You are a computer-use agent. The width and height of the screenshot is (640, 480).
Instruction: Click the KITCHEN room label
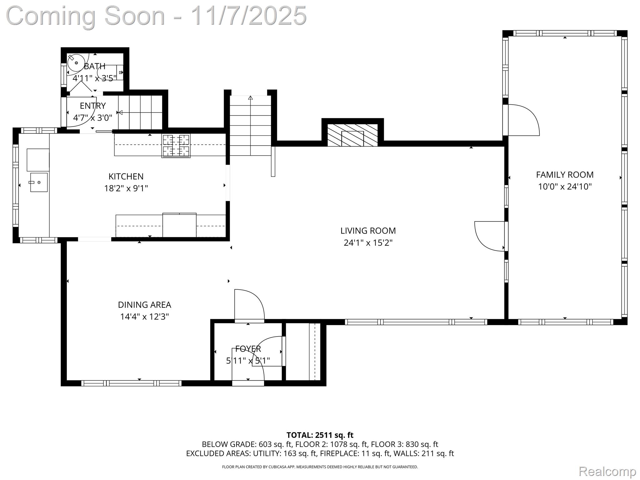coord(126,177)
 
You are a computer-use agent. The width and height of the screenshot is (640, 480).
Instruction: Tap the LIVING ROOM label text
coord(368,231)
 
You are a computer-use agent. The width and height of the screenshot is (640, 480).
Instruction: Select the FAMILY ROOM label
coord(565,175)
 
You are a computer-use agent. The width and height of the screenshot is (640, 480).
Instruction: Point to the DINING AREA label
coord(144,305)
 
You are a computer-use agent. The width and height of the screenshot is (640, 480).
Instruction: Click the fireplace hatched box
coord(352,135)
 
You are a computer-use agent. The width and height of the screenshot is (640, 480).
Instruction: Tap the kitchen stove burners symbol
coord(176,146)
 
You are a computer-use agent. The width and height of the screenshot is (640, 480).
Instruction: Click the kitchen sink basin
coord(39,182)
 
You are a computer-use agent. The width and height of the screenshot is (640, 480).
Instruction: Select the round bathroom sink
coord(76,63)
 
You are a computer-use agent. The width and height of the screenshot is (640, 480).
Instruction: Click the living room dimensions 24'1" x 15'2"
coord(368,243)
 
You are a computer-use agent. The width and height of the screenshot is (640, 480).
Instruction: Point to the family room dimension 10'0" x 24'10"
coord(565,187)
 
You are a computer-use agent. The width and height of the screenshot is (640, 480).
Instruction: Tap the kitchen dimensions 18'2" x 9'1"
coord(126,188)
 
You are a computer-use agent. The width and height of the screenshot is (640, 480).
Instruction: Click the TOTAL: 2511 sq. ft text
coord(320,435)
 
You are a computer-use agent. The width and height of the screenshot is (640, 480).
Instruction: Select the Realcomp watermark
coord(607,471)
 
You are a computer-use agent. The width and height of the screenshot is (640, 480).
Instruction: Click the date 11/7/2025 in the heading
coord(248,16)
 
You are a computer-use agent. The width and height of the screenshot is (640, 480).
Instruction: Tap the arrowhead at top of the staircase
coord(250,98)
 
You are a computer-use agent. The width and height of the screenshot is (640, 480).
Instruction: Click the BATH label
coord(94,66)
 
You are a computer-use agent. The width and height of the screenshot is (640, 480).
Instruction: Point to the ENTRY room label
coord(93,106)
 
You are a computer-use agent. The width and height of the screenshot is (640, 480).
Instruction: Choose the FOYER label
coord(248,349)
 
